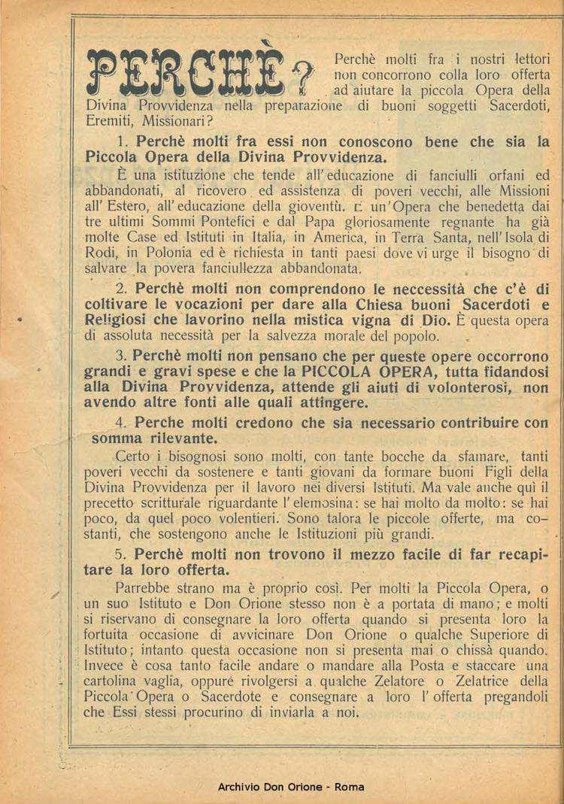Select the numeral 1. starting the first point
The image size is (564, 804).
click(x=123, y=142)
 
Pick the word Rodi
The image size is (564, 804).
click(x=99, y=253)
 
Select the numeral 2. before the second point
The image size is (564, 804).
click(x=123, y=289)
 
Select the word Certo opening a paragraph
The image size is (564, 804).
click(x=135, y=456)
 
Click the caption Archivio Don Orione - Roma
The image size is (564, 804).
click(x=290, y=787)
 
